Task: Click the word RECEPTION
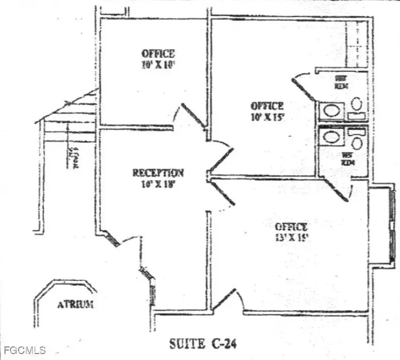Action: (158, 173)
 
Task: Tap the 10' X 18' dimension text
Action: (158, 184)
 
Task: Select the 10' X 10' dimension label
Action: (158, 65)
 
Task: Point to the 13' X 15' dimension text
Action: (292, 237)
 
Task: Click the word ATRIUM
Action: (75, 304)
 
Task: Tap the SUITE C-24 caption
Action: (203, 344)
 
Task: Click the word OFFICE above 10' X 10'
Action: (158, 54)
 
